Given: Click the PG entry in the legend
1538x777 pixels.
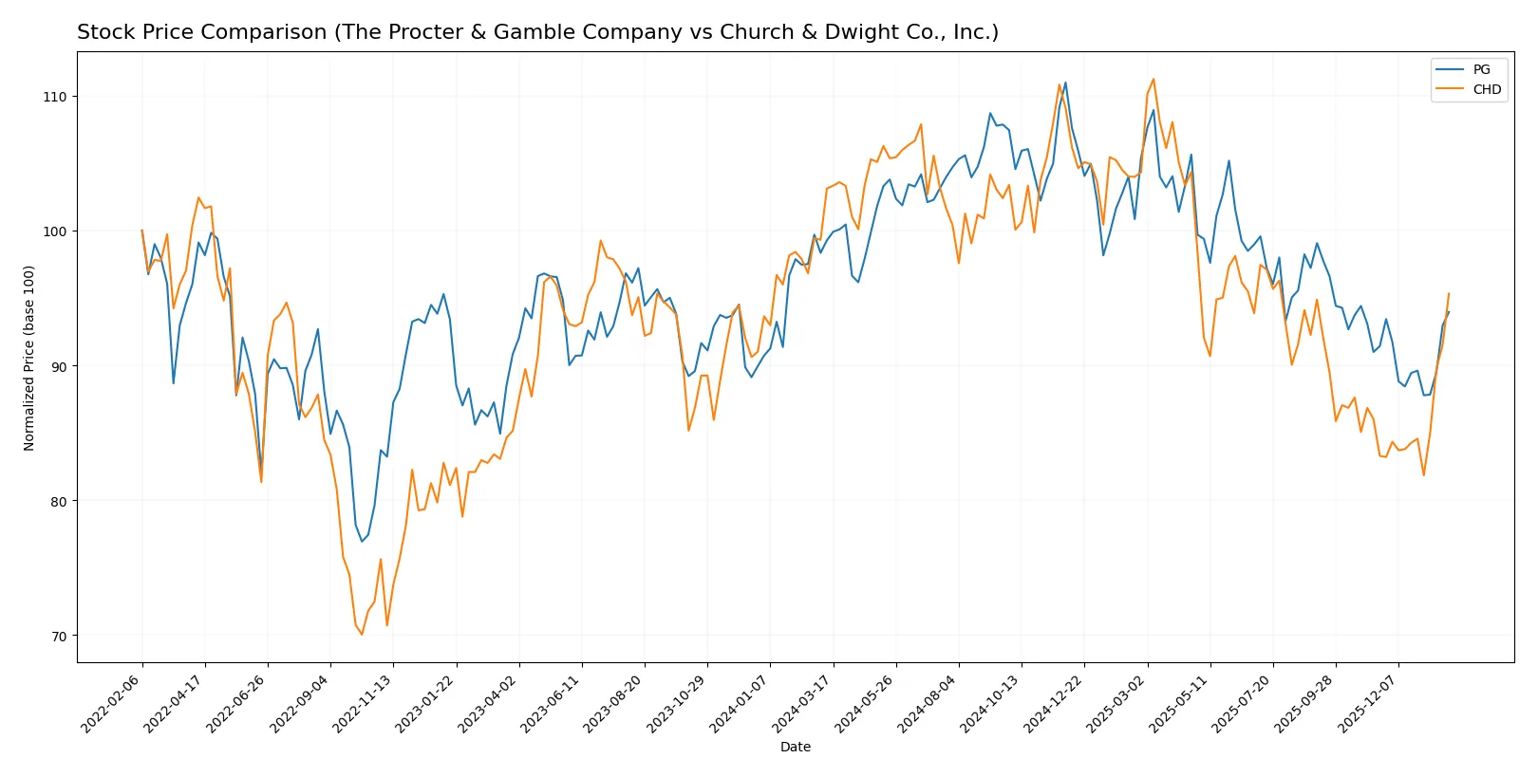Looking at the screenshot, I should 1481,69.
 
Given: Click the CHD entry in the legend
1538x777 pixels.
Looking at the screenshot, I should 1487,89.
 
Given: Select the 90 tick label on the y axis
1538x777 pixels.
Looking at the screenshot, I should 59,366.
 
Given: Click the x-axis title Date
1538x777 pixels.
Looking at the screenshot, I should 796,747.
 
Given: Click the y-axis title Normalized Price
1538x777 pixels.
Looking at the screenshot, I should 29,358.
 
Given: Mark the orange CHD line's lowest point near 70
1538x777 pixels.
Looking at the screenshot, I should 362,635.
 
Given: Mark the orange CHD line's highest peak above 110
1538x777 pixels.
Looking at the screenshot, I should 1153,79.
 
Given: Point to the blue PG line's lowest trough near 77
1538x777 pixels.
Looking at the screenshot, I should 362,542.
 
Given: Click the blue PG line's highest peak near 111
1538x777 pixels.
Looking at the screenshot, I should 1065,83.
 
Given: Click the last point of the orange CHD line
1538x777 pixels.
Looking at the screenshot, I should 1449,293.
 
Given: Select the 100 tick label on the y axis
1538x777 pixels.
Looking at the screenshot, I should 55,231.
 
